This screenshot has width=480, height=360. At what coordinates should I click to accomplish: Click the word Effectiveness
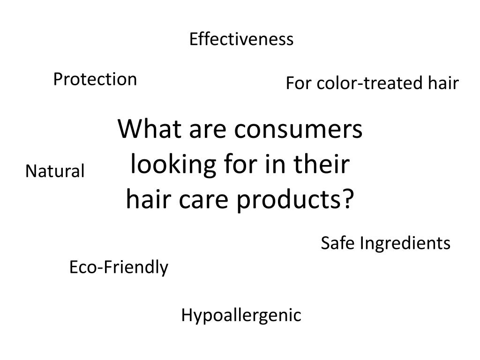pos(241,39)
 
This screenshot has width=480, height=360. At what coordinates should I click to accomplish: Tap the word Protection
pos(95,80)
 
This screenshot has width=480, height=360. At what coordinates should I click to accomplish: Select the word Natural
pos(55,172)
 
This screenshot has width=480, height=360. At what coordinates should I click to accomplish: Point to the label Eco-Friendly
pos(119,268)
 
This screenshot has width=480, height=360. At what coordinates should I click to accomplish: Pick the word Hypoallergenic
pos(241,316)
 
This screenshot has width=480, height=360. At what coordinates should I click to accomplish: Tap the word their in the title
pos(325,165)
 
